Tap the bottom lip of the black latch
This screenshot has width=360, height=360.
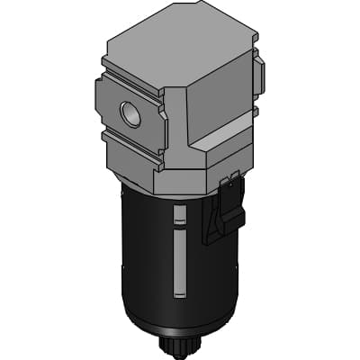pos(216,239)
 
